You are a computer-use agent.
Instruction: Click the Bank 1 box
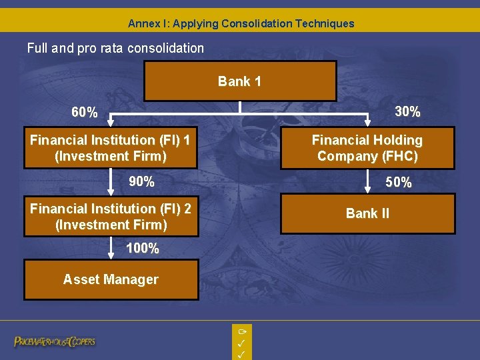coord(239,81)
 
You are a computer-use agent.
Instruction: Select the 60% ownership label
coord(85,113)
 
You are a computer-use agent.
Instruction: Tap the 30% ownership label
coord(407,112)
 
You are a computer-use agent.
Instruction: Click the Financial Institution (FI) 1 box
coord(111,148)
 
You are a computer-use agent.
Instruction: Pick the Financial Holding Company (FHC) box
coord(367,148)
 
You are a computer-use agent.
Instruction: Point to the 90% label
coord(141,181)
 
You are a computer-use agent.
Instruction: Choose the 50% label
coord(399,182)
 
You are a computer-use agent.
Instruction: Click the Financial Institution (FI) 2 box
coord(111,217)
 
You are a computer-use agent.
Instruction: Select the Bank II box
coord(367,213)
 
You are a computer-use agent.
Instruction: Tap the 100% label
coord(143,249)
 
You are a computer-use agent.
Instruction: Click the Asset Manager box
coord(111,280)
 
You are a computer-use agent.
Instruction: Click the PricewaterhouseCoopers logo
coord(55,341)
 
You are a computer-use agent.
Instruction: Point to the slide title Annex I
coord(241,23)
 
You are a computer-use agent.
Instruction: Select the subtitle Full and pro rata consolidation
coord(115,48)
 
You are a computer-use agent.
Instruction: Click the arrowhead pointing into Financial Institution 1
coord(111,122)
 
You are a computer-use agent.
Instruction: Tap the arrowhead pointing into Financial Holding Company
coord(367,122)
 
